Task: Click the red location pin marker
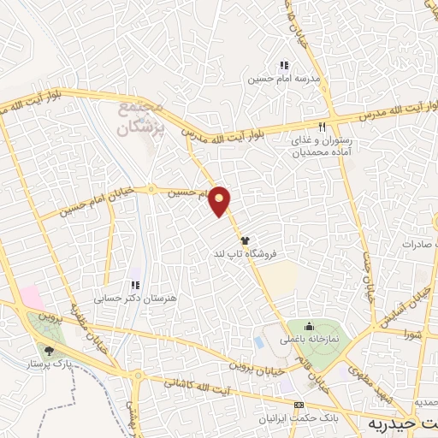point(221,201)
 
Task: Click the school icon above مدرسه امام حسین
point(284,64)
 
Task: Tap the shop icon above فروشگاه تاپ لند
point(245,240)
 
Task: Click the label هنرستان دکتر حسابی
point(138,298)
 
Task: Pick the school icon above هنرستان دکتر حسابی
point(134,285)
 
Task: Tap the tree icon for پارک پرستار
point(48,350)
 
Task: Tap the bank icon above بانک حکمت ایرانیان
point(299,405)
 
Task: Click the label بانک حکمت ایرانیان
point(299,417)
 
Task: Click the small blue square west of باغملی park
point(259,342)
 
